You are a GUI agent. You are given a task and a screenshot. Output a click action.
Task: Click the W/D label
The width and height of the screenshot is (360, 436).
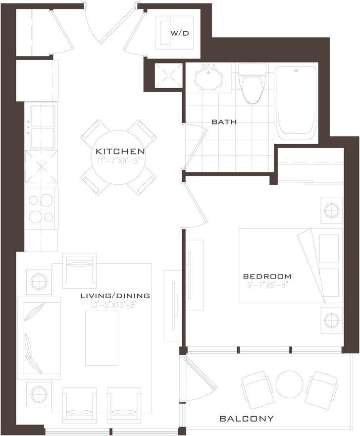click(180, 33)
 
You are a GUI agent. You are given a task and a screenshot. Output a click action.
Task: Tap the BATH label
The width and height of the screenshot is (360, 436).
click(224, 122)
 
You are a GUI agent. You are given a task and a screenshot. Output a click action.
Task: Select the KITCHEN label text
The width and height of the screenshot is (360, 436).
click(120, 151)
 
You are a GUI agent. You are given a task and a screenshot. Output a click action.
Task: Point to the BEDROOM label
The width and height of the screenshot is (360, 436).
click(267, 276)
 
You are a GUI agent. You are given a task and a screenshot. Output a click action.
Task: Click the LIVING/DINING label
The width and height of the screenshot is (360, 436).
click(115, 296)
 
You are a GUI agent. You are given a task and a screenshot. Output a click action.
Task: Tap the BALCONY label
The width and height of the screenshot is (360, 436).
click(247, 419)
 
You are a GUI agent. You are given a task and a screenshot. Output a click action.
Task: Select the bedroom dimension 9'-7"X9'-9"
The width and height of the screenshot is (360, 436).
click(266, 285)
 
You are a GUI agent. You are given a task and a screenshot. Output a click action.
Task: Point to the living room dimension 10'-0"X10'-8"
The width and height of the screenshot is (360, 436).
click(114, 305)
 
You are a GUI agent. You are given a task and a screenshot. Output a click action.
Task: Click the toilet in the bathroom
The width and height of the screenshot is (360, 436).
click(252, 84)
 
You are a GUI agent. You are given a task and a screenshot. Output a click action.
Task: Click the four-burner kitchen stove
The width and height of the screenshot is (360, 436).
click(42, 209)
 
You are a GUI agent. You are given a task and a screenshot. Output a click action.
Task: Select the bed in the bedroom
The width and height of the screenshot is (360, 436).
click(291, 266)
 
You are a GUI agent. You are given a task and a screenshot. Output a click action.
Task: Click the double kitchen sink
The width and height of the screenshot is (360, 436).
click(42, 127)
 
